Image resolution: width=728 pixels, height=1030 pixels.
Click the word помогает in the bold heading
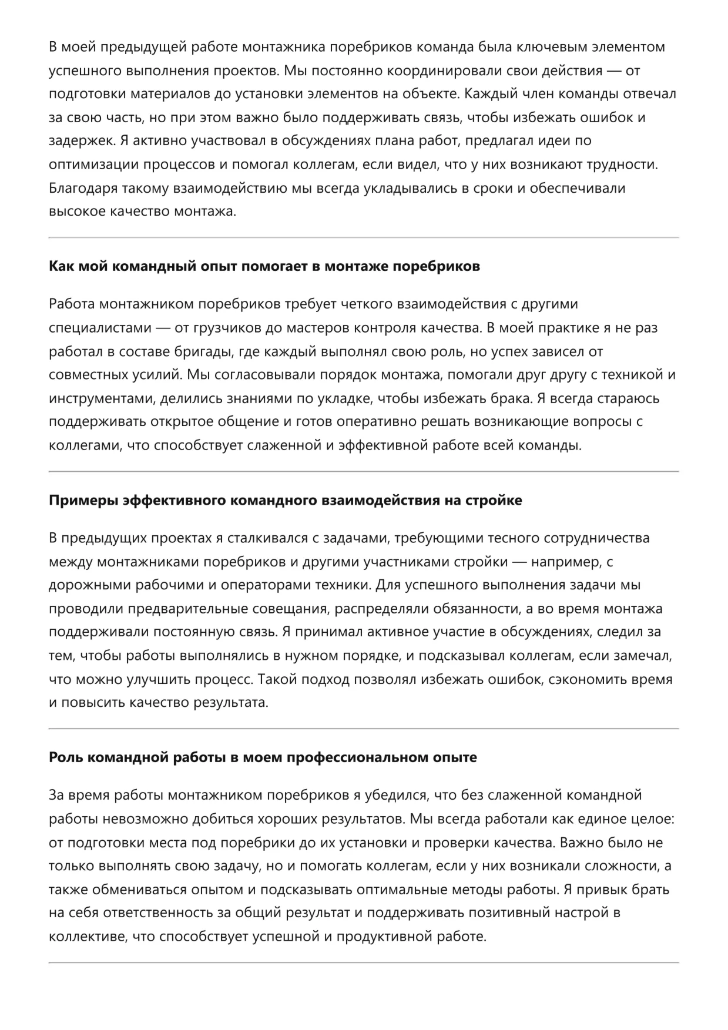274,266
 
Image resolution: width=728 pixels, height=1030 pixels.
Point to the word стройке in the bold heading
493,501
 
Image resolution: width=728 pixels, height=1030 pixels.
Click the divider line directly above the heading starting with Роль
364,729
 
